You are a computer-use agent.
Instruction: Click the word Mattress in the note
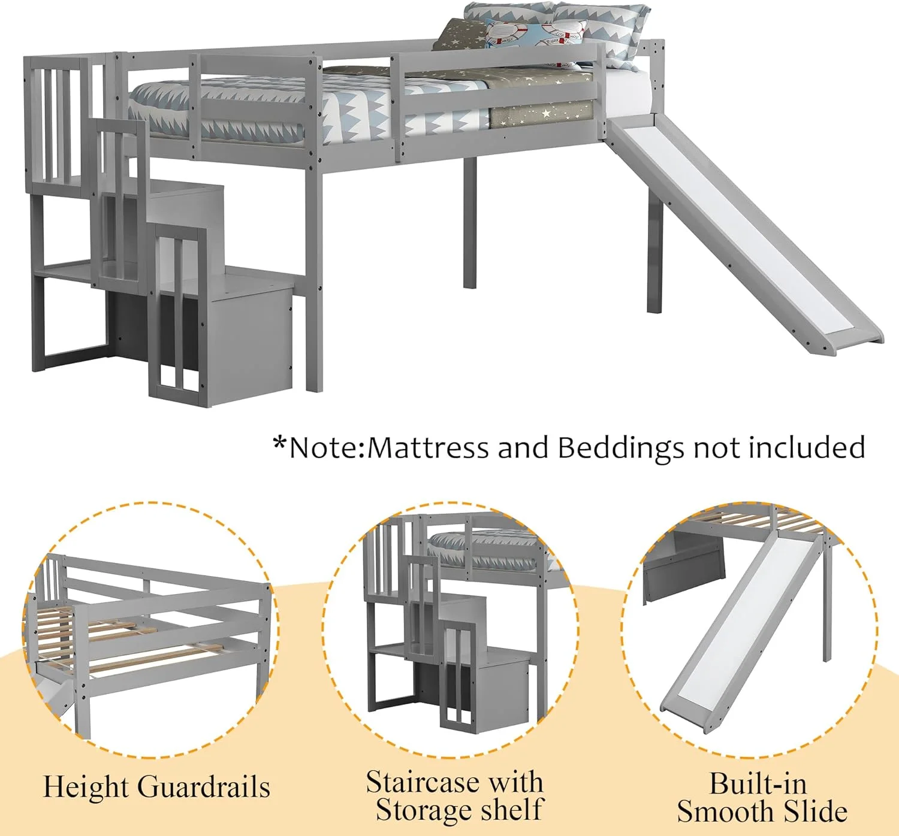pos(428,448)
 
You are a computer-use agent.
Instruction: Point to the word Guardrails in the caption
pos(204,787)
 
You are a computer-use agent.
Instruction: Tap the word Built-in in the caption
pos(758,783)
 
